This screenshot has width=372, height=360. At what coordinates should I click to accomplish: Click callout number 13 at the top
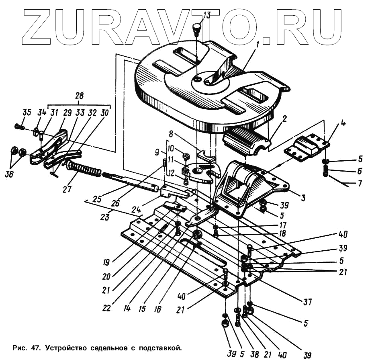point(206,16)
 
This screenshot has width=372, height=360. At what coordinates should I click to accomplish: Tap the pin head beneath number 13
point(196,27)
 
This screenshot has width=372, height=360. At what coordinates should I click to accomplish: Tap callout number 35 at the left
point(27,112)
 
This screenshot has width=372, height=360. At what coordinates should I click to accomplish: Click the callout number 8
point(170,133)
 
